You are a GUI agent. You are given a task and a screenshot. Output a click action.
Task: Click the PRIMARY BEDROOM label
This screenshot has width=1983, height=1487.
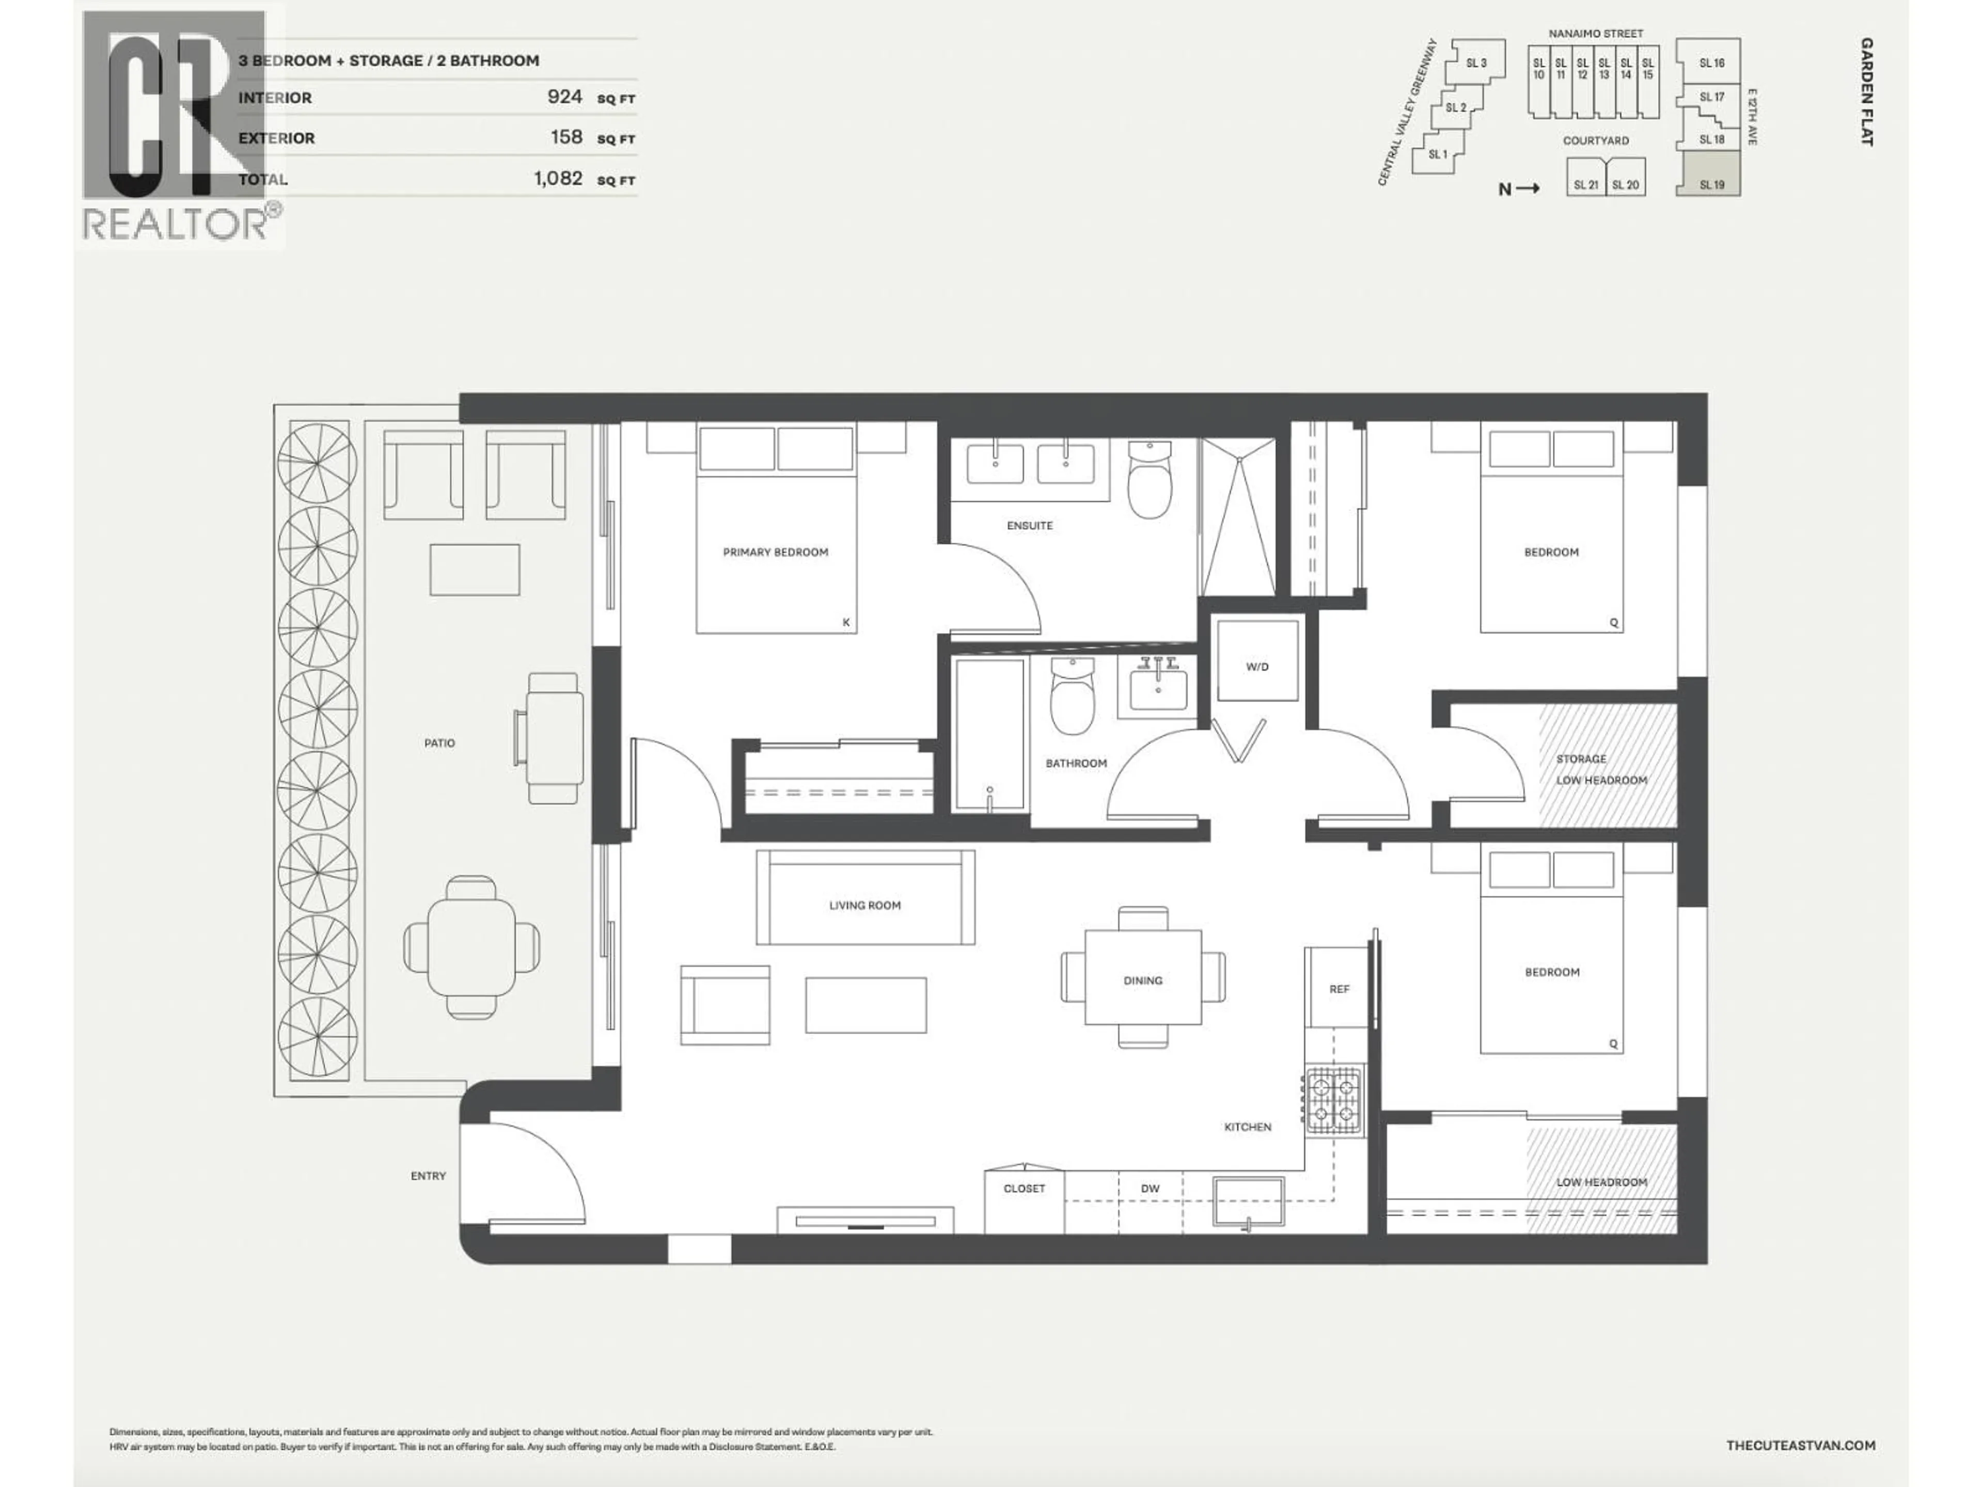pos(776,552)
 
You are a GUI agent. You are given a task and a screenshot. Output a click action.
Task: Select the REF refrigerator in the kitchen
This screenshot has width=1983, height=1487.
pos(1337,988)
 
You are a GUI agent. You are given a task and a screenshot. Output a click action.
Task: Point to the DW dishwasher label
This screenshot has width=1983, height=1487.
pos(1150,1189)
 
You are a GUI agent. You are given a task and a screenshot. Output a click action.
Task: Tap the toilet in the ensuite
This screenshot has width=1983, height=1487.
pos(1150,481)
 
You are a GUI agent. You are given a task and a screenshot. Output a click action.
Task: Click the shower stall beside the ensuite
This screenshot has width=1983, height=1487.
pos(1238,517)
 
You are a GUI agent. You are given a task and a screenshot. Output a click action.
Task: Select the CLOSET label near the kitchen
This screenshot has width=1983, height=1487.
pos(1024,1189)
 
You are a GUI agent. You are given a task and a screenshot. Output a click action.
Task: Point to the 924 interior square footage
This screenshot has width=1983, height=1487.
pos(565,97)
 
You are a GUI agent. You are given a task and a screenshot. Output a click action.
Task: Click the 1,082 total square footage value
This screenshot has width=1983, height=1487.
pos(558,178)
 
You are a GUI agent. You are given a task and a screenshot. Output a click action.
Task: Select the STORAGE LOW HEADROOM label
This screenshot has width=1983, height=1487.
pos(1600,769)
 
